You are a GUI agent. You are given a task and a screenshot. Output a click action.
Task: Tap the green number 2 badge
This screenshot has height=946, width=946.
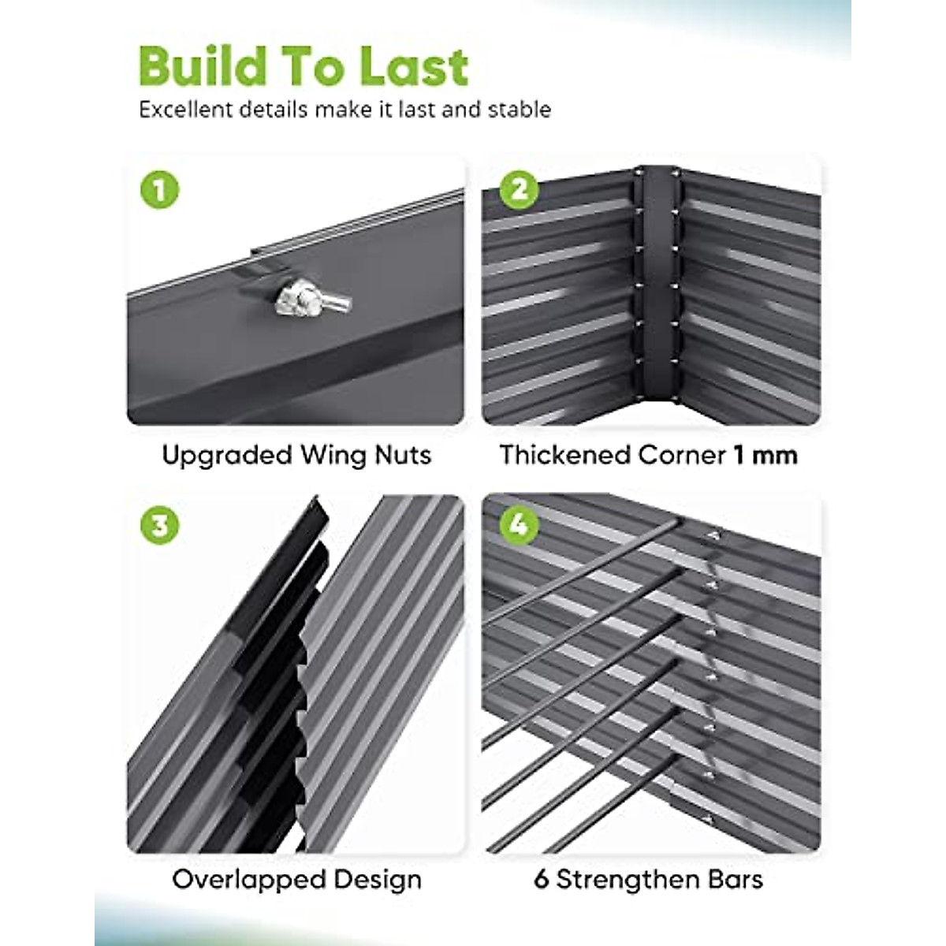519,189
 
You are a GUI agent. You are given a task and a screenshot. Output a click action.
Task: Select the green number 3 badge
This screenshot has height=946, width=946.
159,525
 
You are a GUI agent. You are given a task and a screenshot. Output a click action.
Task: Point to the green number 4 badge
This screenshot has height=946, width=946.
519,525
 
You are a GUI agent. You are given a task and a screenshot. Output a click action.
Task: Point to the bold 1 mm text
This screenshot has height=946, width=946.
765,455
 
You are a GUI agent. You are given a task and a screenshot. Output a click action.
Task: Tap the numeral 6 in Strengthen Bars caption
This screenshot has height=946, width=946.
541,879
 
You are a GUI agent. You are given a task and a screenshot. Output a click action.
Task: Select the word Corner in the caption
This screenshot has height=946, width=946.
682,455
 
